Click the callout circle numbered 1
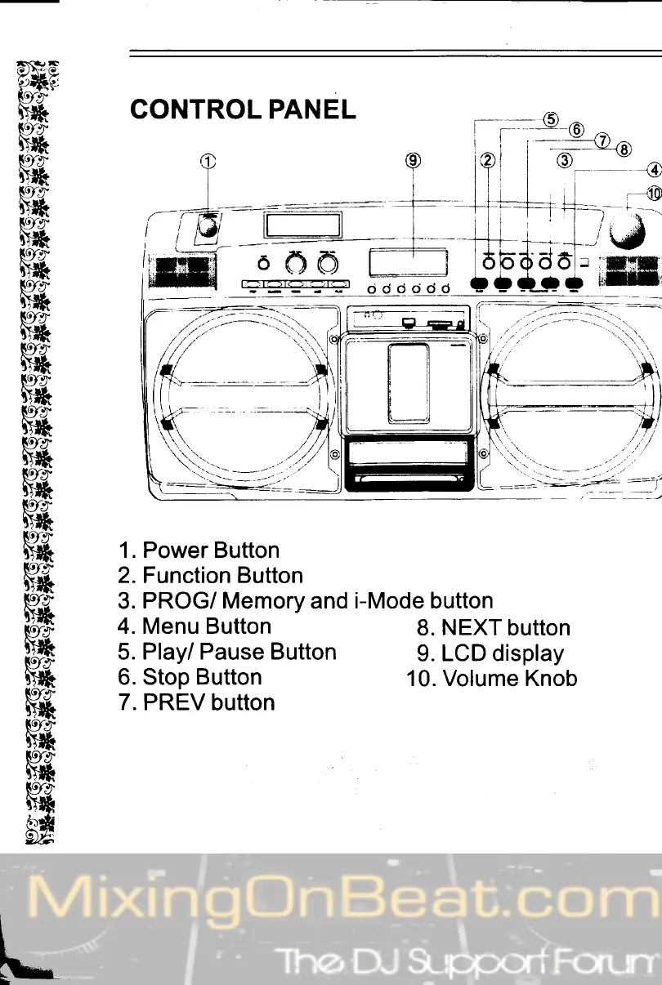coord(208,161)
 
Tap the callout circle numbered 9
coord(414,160)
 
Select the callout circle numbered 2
coord(488,160)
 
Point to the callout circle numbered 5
coord(551,118)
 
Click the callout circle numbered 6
coord(576,129)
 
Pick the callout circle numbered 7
coord(602,140)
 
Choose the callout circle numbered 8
coord(624,149)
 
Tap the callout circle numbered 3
coord(564,160)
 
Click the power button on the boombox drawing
coord(208,227)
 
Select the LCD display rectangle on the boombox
coord(408,261)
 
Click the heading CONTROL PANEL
coord(243,110)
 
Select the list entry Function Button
coord(210,576)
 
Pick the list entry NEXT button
coord(493,628)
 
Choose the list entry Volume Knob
coord(492,679)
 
